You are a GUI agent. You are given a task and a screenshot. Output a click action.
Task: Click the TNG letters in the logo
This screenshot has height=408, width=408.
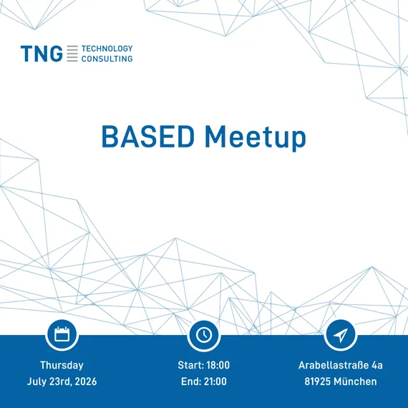click(x=42, y=54)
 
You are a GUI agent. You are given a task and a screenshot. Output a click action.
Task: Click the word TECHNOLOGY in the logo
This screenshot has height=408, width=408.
click(x=107, y=49)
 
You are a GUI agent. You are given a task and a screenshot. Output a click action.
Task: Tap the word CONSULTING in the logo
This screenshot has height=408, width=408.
click(x=107, y=59)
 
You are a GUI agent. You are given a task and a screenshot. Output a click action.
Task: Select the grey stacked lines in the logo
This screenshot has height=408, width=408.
click(x=72, y=54)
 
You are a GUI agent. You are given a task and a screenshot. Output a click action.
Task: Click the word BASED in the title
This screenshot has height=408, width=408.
click(x=148, y=137)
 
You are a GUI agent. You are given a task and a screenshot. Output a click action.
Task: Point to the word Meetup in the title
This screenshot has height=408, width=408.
click(x=256, y=138)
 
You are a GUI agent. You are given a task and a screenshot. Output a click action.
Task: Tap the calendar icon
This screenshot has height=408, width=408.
click(x=62, y=334)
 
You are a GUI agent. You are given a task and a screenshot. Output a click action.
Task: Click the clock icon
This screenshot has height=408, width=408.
click(x=204, y=334)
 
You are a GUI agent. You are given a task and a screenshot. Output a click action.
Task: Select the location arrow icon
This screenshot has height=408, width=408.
click(x=341, y=334)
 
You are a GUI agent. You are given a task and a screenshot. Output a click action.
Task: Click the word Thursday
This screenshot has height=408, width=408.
click(x=62, y=365)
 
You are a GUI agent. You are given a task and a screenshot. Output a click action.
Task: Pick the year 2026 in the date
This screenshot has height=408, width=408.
click(x=86, y=382)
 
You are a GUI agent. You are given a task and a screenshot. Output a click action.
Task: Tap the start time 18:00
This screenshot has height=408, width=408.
click(x=218, y=365)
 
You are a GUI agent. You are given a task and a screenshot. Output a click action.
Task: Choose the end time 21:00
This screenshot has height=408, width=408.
click(x=215, y=382)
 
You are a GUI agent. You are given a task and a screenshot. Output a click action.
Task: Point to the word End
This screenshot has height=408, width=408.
click(x=191, y=382)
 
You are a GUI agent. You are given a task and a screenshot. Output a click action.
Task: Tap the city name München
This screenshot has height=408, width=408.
click(x=355, y=382)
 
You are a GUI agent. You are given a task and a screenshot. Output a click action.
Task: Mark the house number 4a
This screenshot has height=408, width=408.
click(x=377, y=365)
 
